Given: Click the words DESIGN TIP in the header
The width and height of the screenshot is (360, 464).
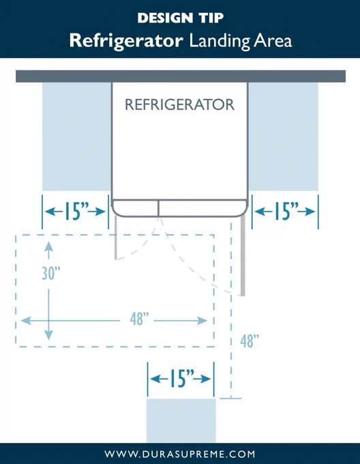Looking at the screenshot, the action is [x=180, y=18].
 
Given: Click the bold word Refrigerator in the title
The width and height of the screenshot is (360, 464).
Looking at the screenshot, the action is [x=126, y=41].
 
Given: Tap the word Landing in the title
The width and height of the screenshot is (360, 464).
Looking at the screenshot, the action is [x=220, y=41].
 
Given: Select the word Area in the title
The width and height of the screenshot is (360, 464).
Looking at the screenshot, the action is [x=273, y=41].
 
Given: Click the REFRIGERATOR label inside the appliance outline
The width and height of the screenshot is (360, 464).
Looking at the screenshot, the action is [x=180, y=104].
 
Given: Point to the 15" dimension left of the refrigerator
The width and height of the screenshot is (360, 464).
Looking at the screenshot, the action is [x=76, y=212].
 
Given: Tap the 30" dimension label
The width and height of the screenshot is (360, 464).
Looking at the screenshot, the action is [x=51, y=273].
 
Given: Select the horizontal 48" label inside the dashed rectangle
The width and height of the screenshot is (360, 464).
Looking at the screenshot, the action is [x=139, y=319].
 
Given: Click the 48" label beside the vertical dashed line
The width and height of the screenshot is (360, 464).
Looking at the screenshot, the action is [x=250, y=341].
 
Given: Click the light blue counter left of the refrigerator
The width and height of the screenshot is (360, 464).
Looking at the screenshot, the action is [x=76, y=136].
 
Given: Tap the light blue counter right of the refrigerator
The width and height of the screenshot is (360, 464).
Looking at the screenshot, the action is [x=284, y=136].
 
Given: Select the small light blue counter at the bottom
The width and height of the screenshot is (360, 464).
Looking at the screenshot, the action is [x=181, y=420].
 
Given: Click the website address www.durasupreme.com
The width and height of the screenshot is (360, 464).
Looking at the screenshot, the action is [x=180, y=454].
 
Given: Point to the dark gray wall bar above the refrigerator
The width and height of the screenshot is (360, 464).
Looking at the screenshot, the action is [x=181, y=76].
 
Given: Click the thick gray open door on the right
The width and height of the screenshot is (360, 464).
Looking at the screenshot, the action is [x=243, y=257].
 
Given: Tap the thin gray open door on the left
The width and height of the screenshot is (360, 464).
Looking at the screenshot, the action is [x=115, y=238].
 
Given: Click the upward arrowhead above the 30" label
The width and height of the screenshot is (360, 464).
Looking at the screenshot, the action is [x=49, y=246].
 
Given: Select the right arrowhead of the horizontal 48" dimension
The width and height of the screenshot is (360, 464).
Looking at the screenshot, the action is [x=202, y=321].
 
